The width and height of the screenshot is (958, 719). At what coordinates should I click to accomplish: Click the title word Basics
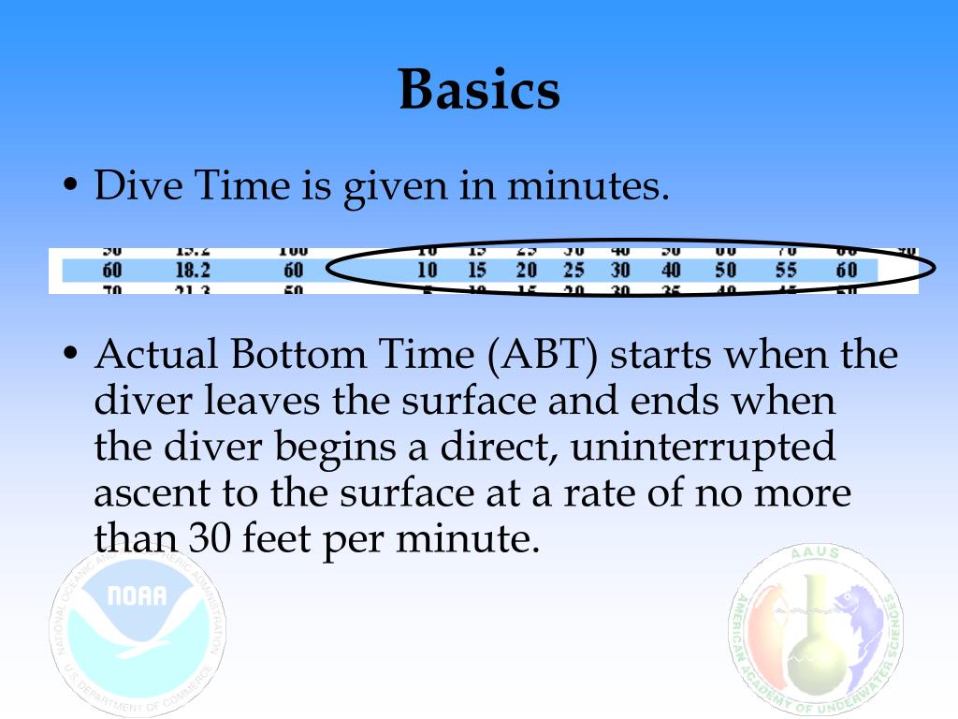pos(479,91)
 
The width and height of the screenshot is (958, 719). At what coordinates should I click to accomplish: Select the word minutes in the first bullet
pos(588,186)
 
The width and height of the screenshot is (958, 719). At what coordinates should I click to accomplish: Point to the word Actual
pos(155,356)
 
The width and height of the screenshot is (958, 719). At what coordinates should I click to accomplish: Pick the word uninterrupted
pos(704,447)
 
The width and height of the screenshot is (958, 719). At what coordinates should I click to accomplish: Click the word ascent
pos(147,493)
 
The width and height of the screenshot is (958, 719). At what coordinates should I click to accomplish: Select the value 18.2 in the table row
pos(193,271)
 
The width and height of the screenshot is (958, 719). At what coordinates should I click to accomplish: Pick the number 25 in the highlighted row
pos(573,271)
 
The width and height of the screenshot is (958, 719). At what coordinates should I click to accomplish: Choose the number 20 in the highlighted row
pos(526,271)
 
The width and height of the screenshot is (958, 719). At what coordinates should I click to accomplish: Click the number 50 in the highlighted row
pos(726,271)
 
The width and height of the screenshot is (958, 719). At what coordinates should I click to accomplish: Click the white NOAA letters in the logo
pos(138,595)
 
